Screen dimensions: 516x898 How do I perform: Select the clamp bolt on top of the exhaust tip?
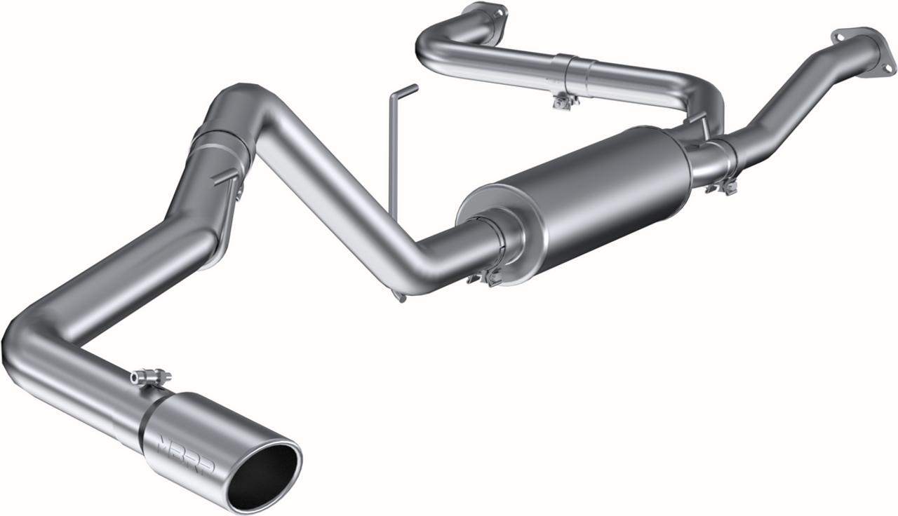tap(149, 377)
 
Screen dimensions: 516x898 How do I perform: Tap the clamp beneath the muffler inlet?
tap(485, 278)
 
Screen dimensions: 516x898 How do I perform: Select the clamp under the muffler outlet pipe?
tap(723, 186)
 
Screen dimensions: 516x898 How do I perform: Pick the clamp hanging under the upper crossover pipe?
tap(564, 102)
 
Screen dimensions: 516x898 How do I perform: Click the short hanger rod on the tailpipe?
tap(226, 177)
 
